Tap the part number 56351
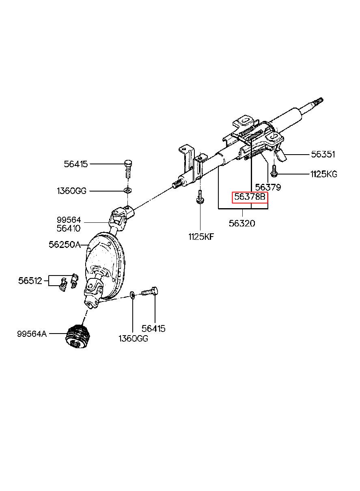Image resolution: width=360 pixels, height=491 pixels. tap(323, 154)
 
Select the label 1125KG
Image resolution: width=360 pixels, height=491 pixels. tap(323, 174)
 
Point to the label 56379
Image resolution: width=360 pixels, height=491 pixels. tap(267, 187)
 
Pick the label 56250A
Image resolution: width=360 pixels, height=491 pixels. tap(63, 245)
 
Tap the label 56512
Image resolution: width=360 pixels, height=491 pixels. tap(30, 280)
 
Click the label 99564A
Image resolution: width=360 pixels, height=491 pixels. tap(32, 334)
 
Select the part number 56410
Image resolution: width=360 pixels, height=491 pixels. tap(69, 228)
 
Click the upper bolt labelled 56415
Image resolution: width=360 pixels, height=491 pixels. tap(127, 168)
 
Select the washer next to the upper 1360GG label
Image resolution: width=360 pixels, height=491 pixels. tap(127, 190)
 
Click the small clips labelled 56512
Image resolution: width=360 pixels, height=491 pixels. tap(68, 281)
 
